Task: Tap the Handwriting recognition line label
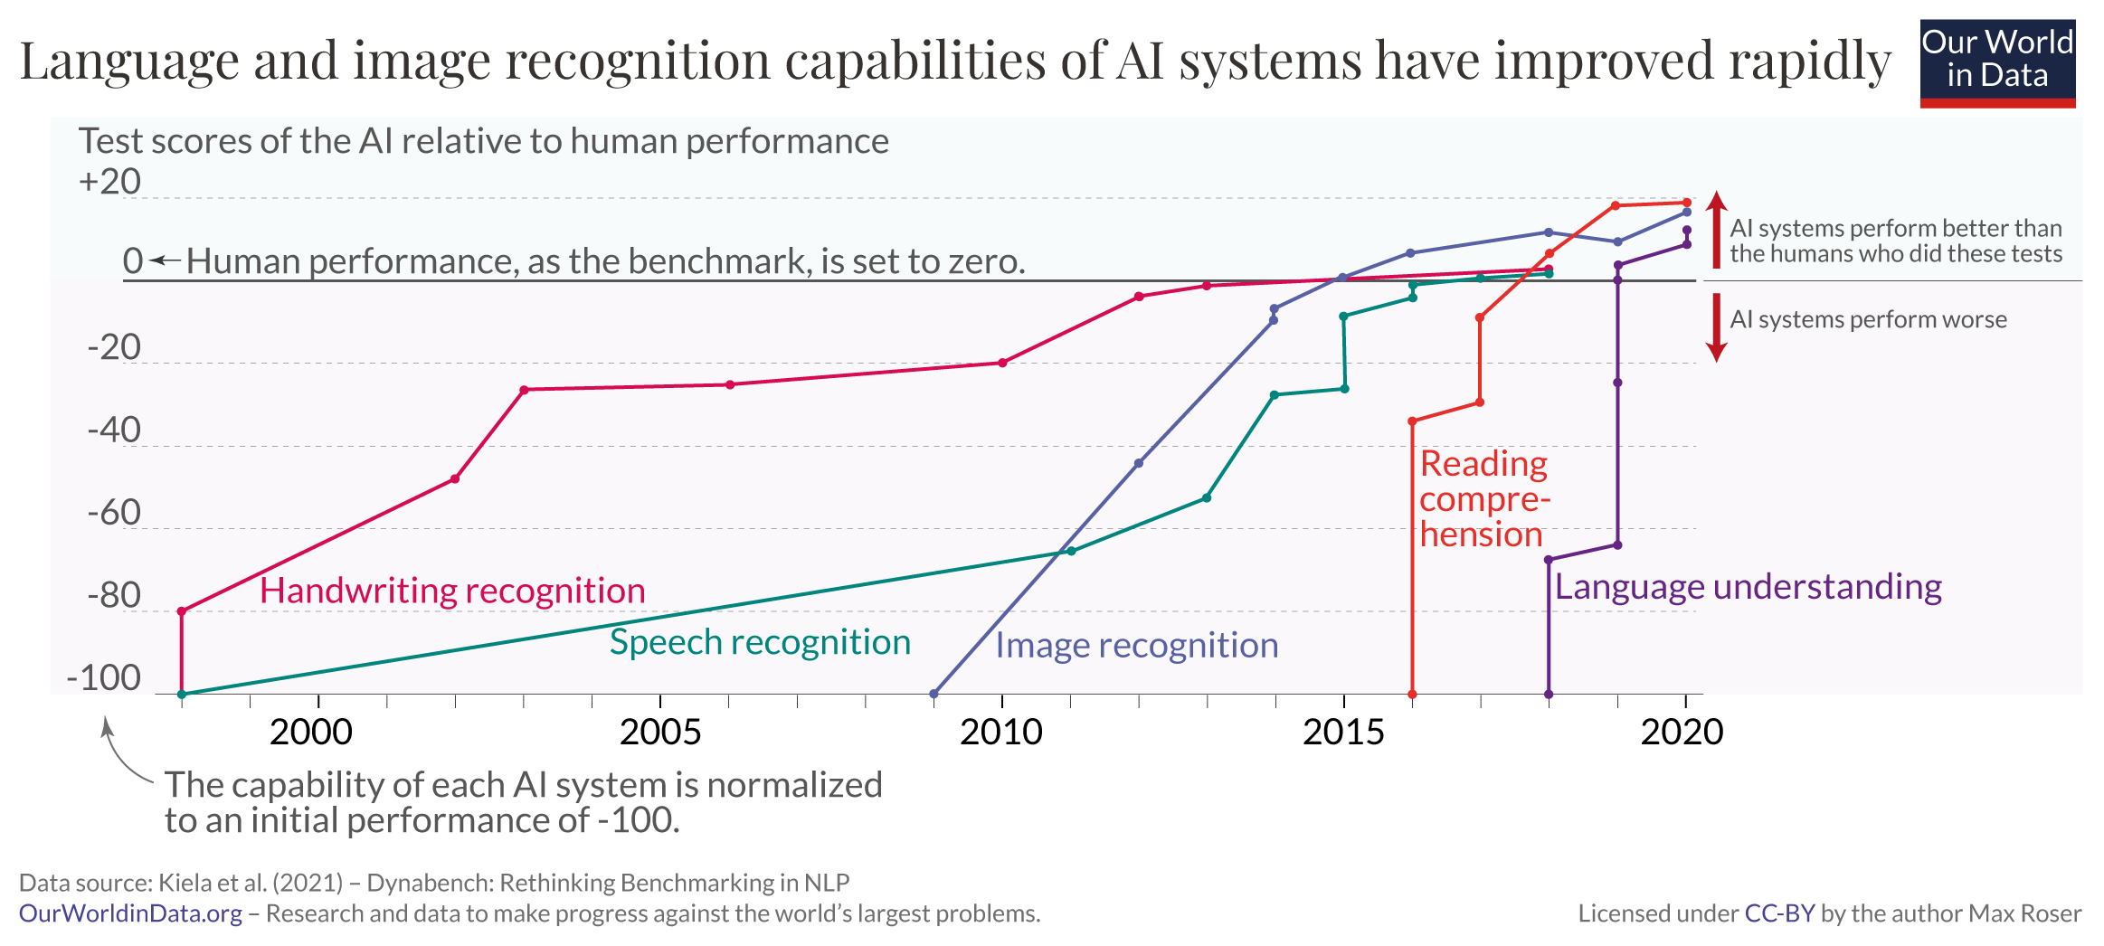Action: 452,591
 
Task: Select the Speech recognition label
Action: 760,642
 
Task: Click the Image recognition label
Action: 1136,646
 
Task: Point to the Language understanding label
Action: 1748,587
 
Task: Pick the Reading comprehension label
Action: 1483,499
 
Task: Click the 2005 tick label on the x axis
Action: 660,732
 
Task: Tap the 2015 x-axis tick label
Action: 1343,732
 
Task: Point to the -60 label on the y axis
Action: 114,514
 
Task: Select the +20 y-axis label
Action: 109,182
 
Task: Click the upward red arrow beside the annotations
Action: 1716,230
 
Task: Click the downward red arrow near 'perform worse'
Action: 1716,327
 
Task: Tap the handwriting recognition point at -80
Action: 182,611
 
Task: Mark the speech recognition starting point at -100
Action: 182,695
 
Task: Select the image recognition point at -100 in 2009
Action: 934,695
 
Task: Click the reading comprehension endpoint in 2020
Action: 1686,203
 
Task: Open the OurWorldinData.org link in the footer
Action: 130,913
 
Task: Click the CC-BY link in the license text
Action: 1778,913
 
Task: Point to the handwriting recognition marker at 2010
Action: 1002,363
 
